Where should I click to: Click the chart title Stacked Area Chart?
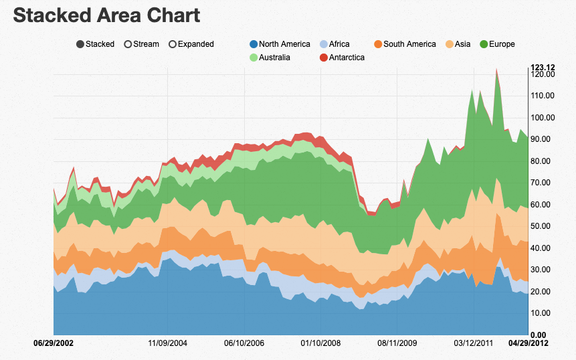coord(107,15)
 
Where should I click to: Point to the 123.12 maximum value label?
coord(543,67)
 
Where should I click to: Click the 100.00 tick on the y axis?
coord(542,117)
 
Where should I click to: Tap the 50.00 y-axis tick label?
coord(542,226)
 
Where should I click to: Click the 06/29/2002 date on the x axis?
coord(54,343)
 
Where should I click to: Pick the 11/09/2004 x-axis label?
coord(167,343)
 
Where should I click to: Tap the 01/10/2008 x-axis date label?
coord(320,343)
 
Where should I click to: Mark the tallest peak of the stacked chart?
coord(496,69)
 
